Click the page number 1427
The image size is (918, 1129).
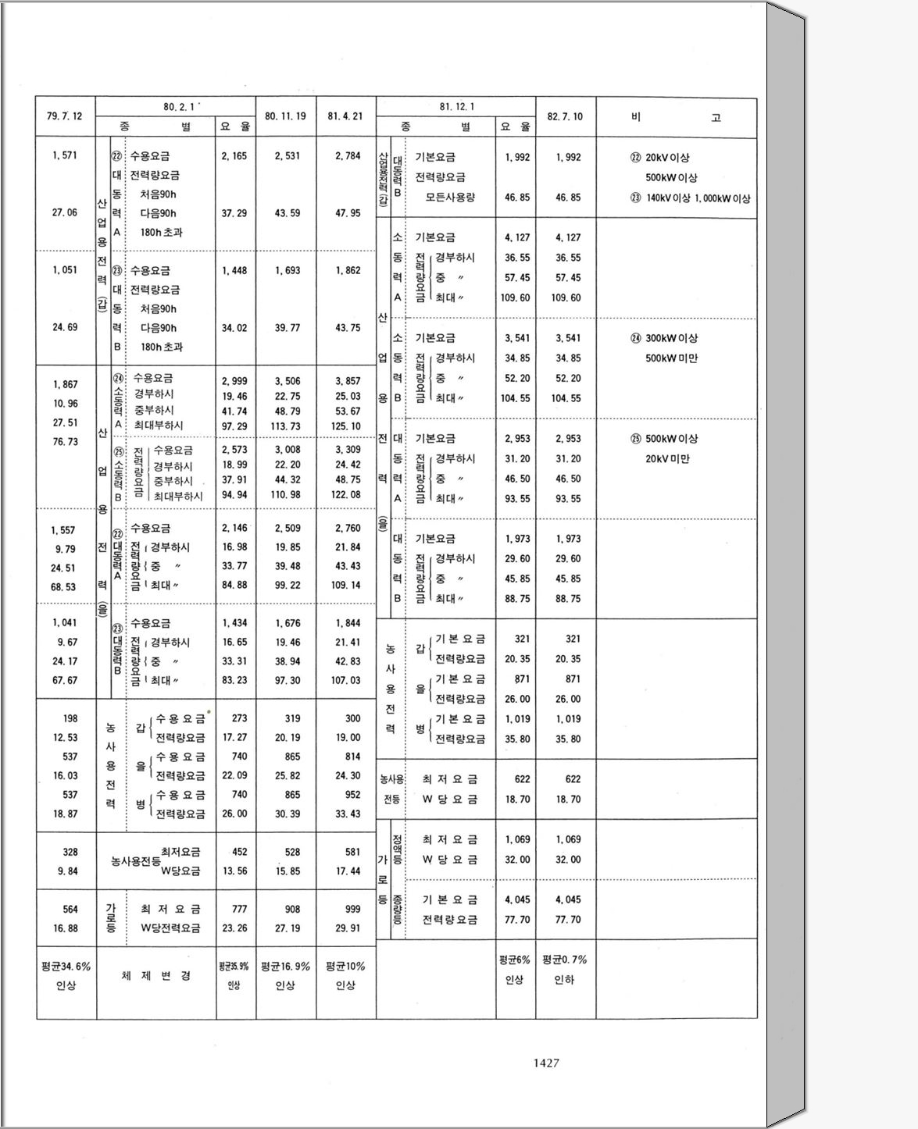coord(545,1063)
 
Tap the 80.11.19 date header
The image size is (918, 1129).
coord(285,116)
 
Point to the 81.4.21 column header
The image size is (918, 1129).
coord(345,116)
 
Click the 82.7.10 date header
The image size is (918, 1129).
coord(565,116)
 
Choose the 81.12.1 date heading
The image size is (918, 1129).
coord(457,107)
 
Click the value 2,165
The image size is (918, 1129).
coord(234,156)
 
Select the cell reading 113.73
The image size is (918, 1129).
coord(287,426)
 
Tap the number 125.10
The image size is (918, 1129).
coord(345,426)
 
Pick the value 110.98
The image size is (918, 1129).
coord(287,495)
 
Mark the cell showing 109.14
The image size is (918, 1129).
coord(345,585)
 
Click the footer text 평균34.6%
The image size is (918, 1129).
coord(66,967)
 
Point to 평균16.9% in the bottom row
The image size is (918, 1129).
coord(285,967)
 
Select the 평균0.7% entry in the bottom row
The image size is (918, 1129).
coord(564,960)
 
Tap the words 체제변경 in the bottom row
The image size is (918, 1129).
coord(156,976)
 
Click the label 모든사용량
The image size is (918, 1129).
coord(451,198)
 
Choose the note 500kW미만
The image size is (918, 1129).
coord(672,358)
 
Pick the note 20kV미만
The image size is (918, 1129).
coord(667,459)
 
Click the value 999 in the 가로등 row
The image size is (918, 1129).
coord(352,909)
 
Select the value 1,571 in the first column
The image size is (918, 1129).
coord(65,155)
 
